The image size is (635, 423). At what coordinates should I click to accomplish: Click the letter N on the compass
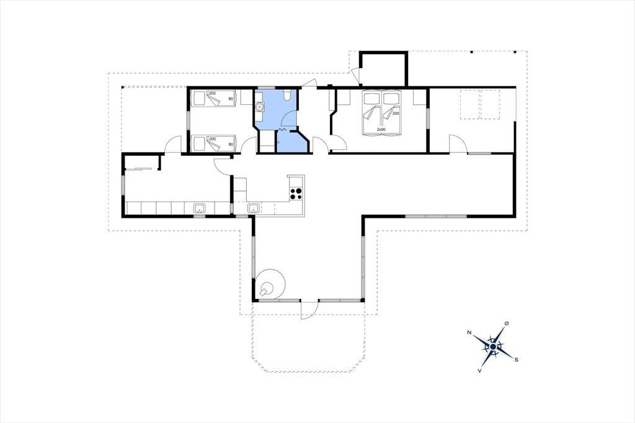(469, 332)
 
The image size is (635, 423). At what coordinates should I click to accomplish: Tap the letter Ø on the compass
(506, 323)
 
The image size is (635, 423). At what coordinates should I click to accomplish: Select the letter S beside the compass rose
(517, 360)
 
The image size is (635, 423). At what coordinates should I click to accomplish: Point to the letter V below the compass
(480, 370)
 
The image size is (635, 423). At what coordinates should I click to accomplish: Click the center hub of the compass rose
(493, 347)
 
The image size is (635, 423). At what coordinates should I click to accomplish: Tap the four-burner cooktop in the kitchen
(296, 194)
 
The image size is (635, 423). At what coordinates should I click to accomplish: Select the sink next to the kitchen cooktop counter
(254, 208)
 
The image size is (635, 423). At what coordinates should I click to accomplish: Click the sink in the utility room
(199, 208)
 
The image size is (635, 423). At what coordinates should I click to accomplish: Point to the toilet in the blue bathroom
(286, 95)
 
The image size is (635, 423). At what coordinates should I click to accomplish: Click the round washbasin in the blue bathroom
(259, 107)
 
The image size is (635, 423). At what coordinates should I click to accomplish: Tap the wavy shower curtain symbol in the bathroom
(283, 130)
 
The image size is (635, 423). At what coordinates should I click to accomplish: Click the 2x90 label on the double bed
(381, 129)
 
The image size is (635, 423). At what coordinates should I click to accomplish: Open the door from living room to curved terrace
(309, 310)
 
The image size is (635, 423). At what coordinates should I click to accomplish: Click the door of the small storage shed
(355, 76)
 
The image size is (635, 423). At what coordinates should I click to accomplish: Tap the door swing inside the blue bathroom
(289, 118)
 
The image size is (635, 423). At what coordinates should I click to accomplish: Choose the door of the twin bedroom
(247, 145)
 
